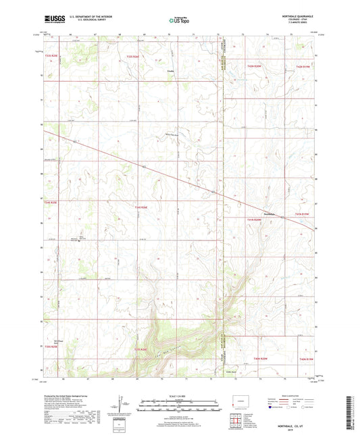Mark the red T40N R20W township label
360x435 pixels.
(x=261, y=359)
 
